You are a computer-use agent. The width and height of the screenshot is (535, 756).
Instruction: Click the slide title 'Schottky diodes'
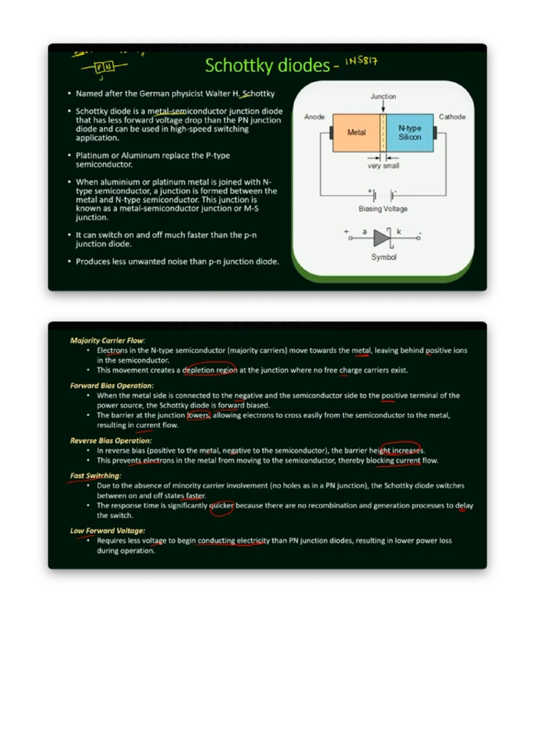coord(267,66)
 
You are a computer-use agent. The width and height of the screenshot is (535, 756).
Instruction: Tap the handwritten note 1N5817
coord(362,61)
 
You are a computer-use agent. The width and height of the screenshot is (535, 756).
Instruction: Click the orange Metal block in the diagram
coord(356,132)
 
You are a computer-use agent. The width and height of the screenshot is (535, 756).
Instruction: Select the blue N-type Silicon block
coord(410,132)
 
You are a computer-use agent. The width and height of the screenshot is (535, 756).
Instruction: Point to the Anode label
coord(314,117)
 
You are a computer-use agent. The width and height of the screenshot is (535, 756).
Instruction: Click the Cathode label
coord(452,117)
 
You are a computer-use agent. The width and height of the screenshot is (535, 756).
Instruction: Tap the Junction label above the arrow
coord(383,96)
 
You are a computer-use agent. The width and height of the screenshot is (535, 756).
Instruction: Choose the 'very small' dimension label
coord(383,166)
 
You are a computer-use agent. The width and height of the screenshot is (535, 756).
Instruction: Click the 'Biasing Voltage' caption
coord(383,209)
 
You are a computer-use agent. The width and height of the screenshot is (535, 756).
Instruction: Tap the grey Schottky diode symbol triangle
coord(381,238)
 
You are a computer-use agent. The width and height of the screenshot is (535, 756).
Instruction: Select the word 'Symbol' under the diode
coord(384,257)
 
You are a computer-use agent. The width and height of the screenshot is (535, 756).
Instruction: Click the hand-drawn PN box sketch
coord(104,67)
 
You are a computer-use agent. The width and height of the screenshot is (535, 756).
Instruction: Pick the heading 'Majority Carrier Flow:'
coord(107,341)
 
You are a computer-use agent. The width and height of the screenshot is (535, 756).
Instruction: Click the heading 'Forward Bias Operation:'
coord(112,386)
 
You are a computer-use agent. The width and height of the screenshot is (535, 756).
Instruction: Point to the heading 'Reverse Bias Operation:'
coord(111,440)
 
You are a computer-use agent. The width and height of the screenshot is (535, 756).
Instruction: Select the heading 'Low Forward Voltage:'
coord(107,530)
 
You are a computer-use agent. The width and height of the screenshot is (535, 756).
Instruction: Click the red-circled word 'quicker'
coord(222,505)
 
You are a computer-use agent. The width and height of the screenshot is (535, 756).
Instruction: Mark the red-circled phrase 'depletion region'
coord(210,370)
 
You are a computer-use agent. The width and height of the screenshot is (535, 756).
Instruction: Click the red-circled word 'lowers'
coord(198,415)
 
